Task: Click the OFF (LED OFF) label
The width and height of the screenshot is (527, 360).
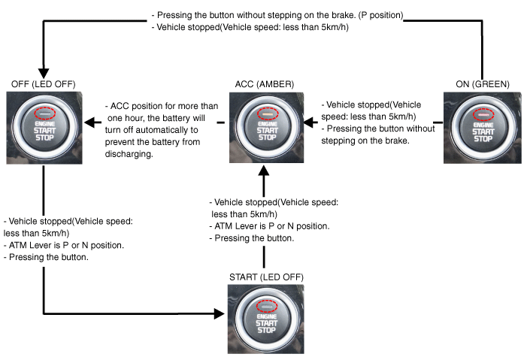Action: pyautogui.click(x=43, y=83)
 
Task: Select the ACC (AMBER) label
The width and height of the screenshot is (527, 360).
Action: pyautogui.click(x=262, y=83)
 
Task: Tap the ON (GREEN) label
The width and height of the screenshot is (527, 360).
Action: pyautogui.click(x=480, y=83)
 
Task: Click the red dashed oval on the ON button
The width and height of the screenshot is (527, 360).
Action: pyautogui.click(x=481, y=113)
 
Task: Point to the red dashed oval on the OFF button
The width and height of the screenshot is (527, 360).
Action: pyautogui.click(x=44, y=113)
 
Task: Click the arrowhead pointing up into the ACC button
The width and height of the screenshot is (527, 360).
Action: pyautogui.click(x=263, y=172)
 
